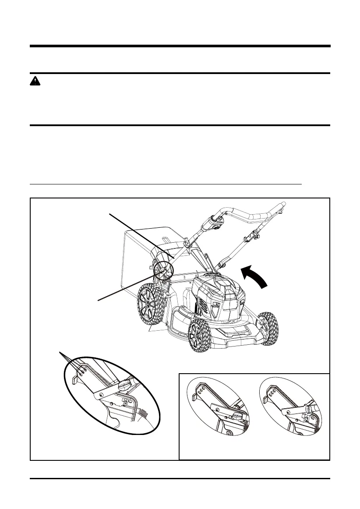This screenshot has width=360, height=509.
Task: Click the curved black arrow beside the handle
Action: tap(255, 278)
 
